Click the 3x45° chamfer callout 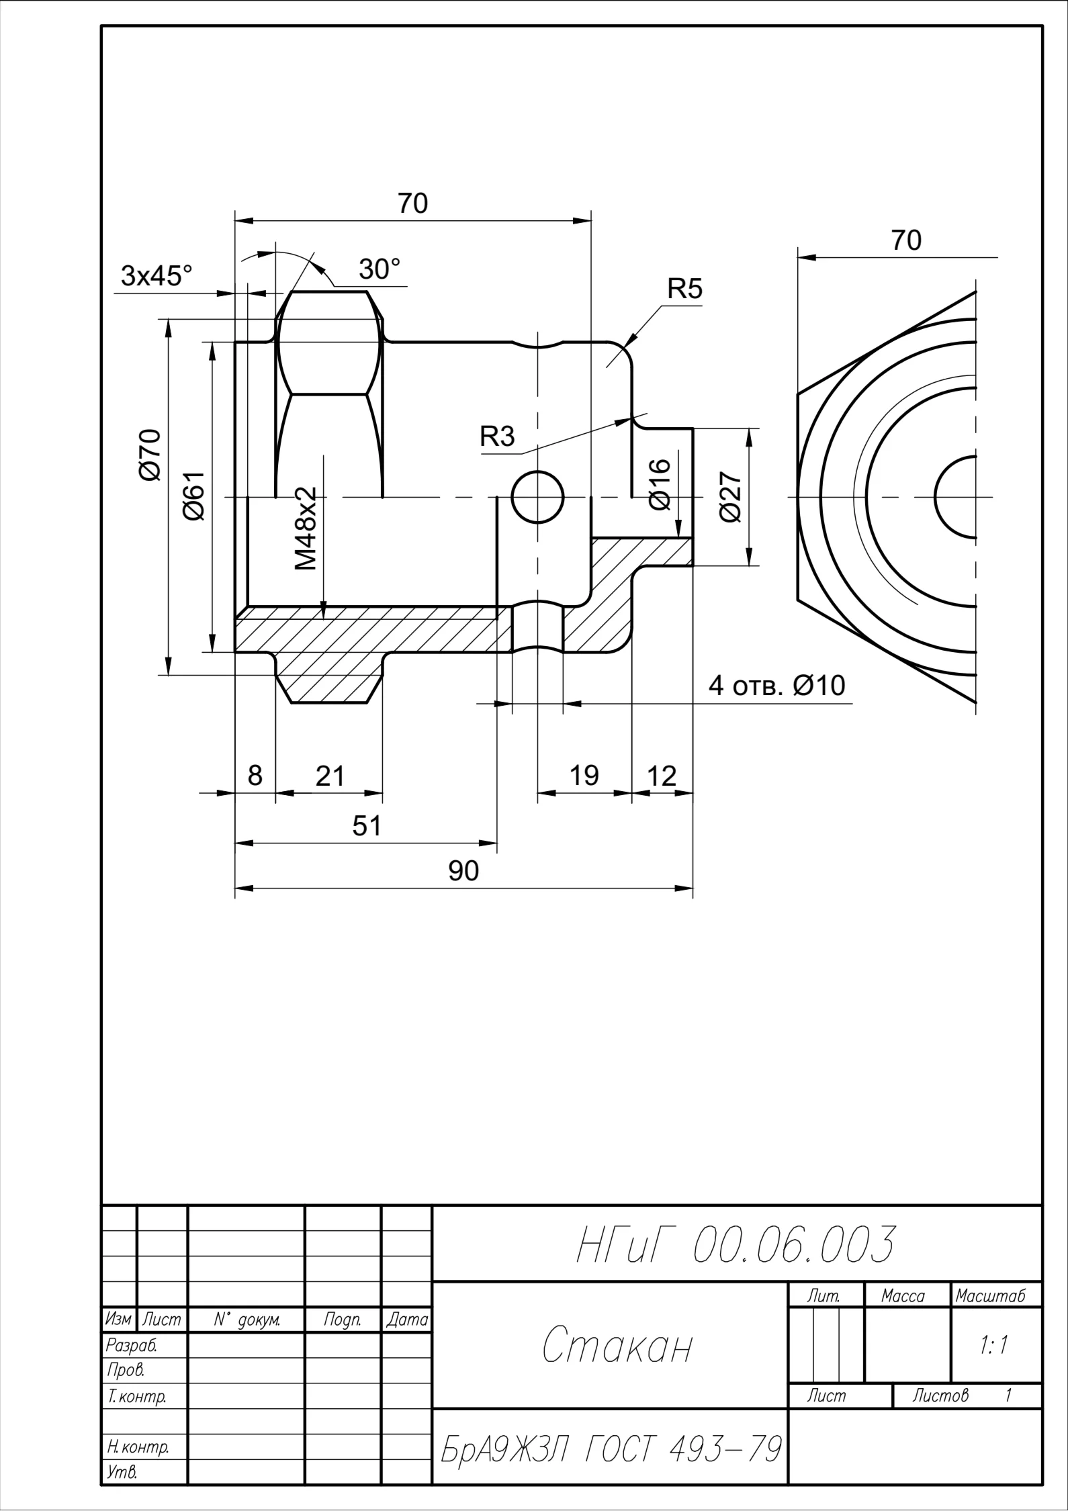tap(157, 276)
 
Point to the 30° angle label tap(379, 269)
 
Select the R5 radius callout tap(684, 289)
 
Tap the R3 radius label tap(497, 437)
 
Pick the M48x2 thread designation tap(306, 529)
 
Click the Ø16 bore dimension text tap(660, 484)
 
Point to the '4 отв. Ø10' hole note tap(777, 686)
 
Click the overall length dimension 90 tap(463, 871)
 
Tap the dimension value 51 tap(367, 826)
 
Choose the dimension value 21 tap(330, 776)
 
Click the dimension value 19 tap(584, 776)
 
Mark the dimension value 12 tap(662, 776)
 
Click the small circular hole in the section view tap(537, 498)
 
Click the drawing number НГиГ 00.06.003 tap(736, 1244)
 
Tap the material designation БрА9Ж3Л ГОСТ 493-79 tap(611, 1449)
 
